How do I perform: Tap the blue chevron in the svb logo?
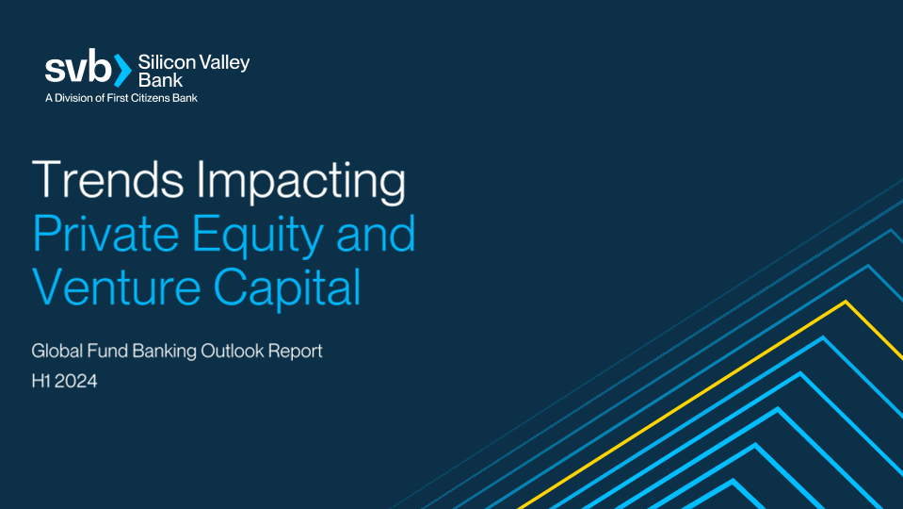(x=122, y=71)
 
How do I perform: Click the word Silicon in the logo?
(x=165, y=62)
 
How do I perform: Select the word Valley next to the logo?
(x=222, y=63)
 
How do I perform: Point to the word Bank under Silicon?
(x=161, y=79)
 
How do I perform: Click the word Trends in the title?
(x=107, y=180)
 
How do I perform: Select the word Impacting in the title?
(x=300, y=182)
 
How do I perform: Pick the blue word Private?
(x=105, y=234)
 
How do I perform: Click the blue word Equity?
(x=257, y=236)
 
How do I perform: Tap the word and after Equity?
(x=376, y=234)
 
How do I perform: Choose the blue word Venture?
(x=116, y=287)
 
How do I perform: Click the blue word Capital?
(x=287, y=287)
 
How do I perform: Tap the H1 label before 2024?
(x=41, y=381)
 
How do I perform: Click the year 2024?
(x=76, y=381)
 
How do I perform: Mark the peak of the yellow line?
(x=846, y=301)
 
